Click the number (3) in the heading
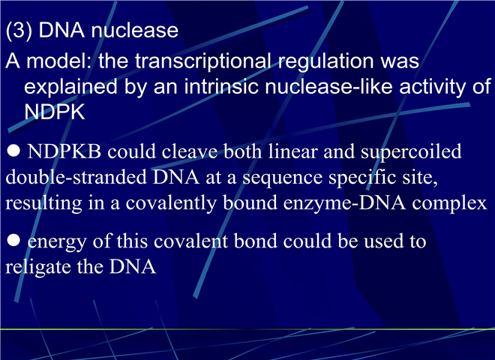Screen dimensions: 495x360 click(x=19, y=30)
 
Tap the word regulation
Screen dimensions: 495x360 click(x=325, y=61)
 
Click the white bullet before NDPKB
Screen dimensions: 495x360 click(x=13, y=151)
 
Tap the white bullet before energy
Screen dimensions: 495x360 click(x=13, y=240)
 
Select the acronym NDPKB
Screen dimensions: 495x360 click(x=64, y=151)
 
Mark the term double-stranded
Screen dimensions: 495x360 click(x=76, y=177)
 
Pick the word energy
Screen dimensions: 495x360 click(x=57, y=242)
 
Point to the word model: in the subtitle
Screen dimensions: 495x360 click(x=59, y=60)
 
